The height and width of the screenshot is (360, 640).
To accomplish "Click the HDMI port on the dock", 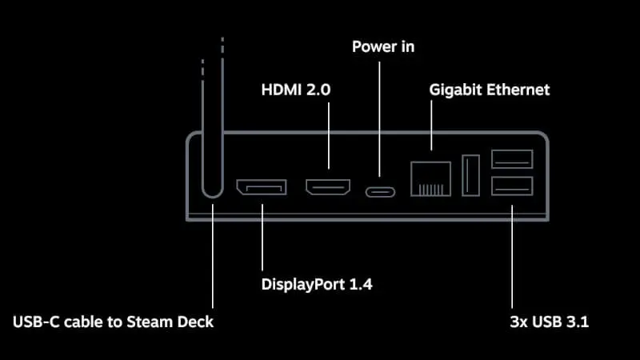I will (328, 189).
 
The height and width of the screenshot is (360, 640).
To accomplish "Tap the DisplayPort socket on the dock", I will (261, 189).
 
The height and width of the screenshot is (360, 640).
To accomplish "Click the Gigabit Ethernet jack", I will (431, 178).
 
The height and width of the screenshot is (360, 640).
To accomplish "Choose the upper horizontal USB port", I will (512, 160).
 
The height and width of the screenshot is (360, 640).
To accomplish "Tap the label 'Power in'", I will (383, 46).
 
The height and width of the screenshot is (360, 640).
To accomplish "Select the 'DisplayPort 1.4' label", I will (317, 283).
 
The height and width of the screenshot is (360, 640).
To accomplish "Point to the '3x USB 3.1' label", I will (549, 323).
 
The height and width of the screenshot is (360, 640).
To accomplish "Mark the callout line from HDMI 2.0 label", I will (328, 136).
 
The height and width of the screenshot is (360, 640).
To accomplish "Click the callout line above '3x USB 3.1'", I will (512, 256).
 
